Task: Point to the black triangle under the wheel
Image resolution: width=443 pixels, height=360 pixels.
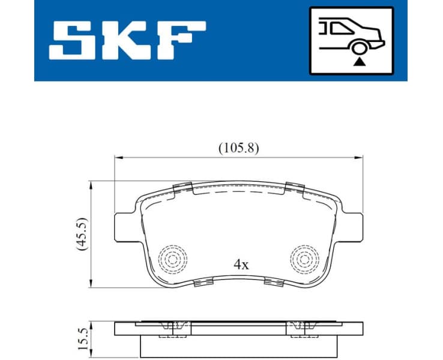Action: tap(359, 61)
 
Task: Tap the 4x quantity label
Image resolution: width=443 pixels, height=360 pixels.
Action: tap(241, 264)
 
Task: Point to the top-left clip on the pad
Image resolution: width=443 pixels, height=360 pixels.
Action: tap(181, 187)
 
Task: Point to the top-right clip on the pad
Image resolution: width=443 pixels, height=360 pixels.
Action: tap(295, 187)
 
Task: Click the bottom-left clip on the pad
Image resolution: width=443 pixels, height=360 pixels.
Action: tap(205, 283)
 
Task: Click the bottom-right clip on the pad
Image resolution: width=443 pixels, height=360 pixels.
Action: tap(273, 283)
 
